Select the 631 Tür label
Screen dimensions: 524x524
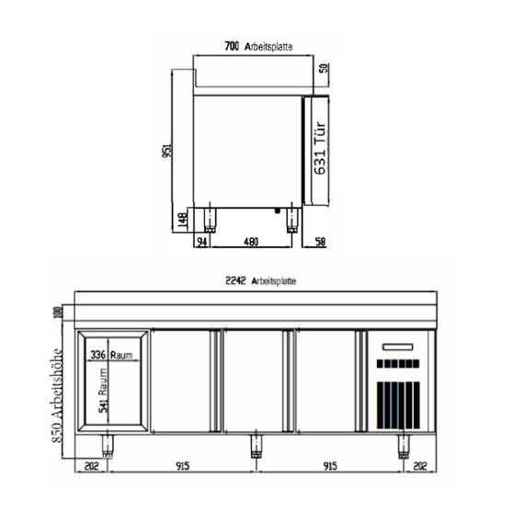click(x=321, y=149)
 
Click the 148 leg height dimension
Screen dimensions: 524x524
click(x=183, y=219)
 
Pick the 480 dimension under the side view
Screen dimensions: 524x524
click(x=250, y=242)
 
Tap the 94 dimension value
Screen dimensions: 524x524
click(x=201, y=242)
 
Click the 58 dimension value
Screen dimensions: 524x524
click(x=320, y=242)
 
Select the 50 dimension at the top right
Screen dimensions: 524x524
click(x=323, y=68)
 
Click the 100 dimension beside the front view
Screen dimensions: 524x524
click(x=59, y=313)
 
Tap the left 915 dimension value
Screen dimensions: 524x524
click(x=182, y=466)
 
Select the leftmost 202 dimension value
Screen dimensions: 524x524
click(x=89, y=466)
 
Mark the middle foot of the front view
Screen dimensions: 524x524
click(x=256, y=448)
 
